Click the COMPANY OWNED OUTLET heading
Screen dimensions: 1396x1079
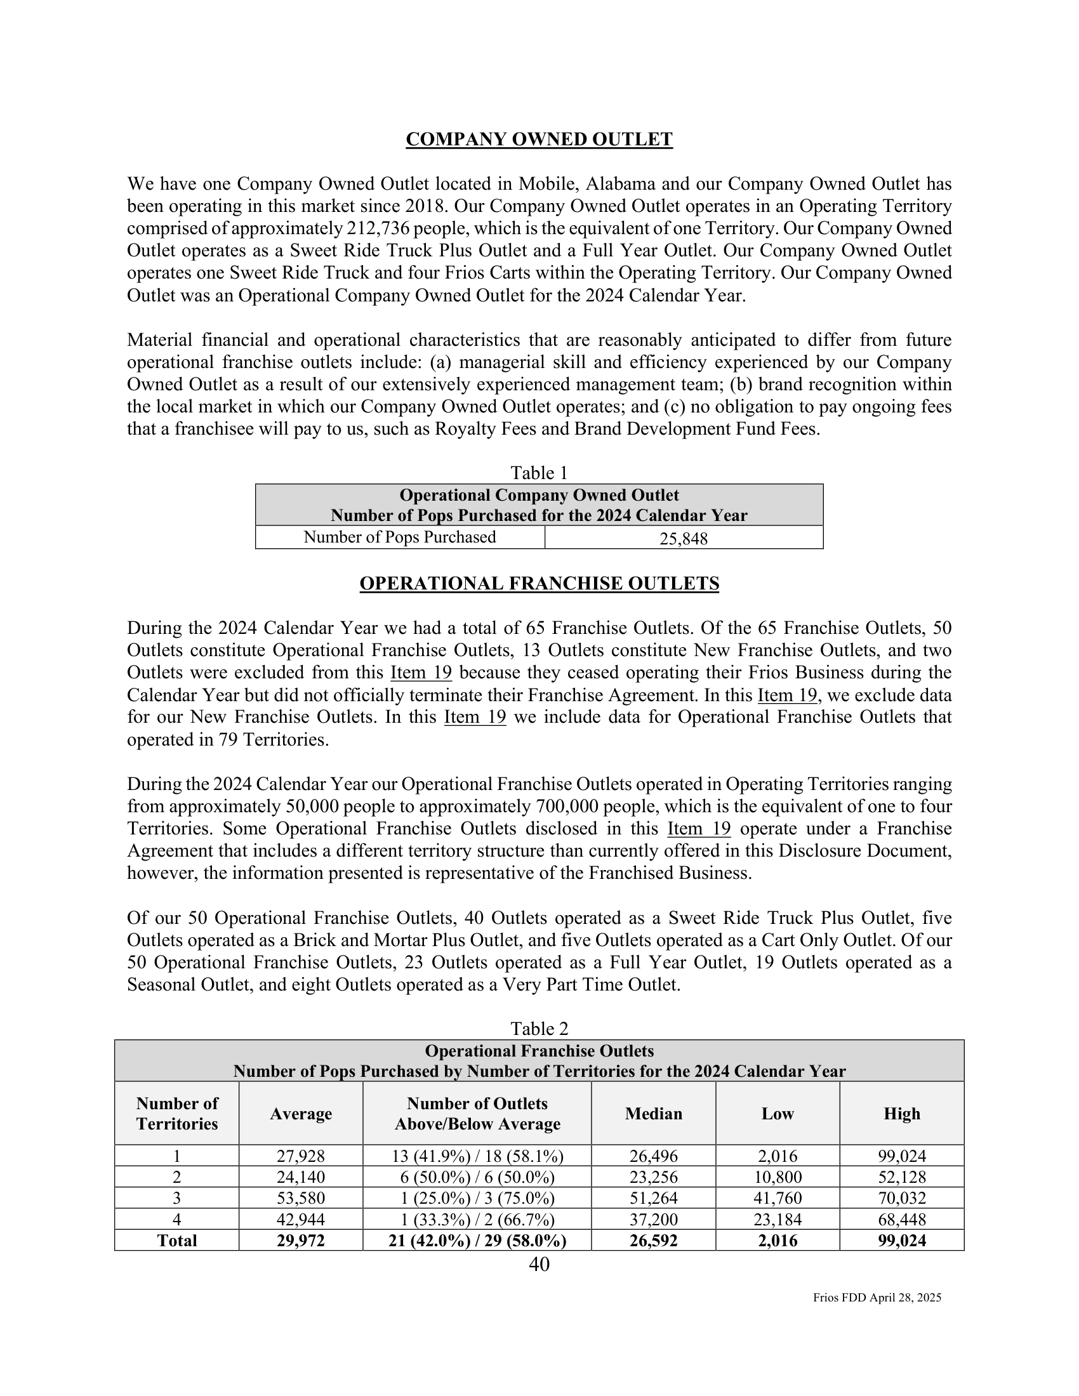click(x=539, y=140)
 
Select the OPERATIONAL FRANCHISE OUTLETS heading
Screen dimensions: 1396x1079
click(x=539, y=583)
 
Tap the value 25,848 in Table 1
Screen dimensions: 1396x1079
click(x=684, y=539)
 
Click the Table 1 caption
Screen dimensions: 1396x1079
click(x=539, y=473)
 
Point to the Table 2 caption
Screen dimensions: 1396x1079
click(x=539, y=1029)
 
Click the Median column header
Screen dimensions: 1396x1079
click(x=653, y=1114)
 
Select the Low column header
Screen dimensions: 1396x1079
click(x=778, y=1114)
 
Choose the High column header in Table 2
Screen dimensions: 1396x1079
click(x=901, y=1114)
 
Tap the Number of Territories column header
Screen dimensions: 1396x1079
click(x=177, y=1114)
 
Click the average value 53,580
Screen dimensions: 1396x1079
click(x=300, y=1198)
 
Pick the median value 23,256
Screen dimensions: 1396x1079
click(x=653, y=1176)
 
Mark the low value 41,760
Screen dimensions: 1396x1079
click(x=778, y=1198)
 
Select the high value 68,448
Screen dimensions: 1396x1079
click(x=901, y=1220)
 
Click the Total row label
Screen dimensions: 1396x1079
click(x=177, y=1241)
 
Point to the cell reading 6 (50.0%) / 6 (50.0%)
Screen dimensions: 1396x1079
click(x=477, y=1176)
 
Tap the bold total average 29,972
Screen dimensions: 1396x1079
click(x=300, y=1241)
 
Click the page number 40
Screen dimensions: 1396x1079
click(x=539, y=1263)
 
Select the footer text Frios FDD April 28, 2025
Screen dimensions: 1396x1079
click(x=877, y=1298)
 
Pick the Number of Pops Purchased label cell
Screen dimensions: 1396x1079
click(x=399, y=537)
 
